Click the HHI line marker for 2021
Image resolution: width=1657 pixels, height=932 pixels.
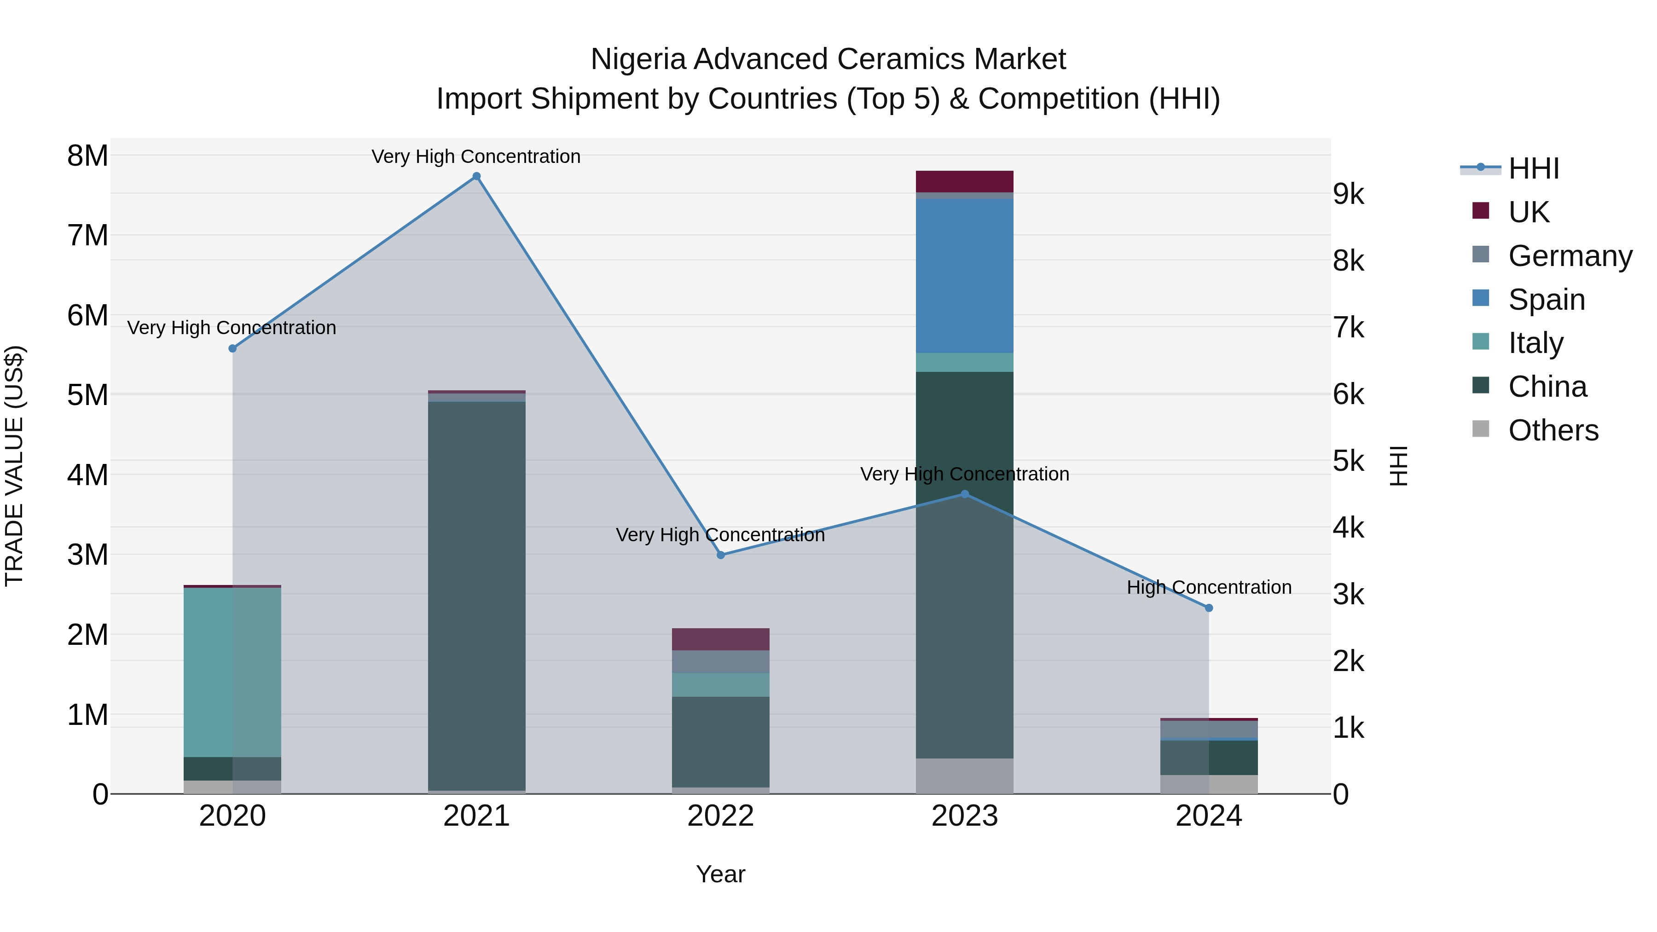pyautogui.click(x=477, y=176)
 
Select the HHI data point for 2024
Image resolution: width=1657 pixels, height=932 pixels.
pyautogui.click(x=1209, y=608)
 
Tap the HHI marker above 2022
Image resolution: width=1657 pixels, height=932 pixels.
pyautogui.click(x=720, y=555)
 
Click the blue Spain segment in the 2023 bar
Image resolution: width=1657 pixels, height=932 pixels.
pyautogui.click(x=964, y=277)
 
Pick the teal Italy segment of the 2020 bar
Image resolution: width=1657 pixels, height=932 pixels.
pyautogui.click(x=232, y=672)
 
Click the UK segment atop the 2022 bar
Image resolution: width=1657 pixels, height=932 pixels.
pyautogui.click(x=720, y=639)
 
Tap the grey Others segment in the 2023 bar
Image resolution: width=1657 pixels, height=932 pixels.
pyautogui.click(x=964, y=776)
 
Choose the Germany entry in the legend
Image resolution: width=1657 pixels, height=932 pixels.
pyautogui.click(x=1570, y=256)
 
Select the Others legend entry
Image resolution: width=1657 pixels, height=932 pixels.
pyautogui.click(x=1553, y=430)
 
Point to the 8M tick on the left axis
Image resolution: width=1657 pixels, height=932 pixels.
pyautogui.click(x=87, y=156)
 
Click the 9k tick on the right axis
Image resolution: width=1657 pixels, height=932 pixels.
pyautogui.click(x=1348, y=194)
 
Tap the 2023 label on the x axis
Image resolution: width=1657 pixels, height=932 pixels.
pyautogui.click(x=964, y=816)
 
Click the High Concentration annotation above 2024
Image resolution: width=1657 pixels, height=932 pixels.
pyautogui.click(x=1209, y=587)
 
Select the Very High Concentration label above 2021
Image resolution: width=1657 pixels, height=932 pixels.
pyautogui.click(x=476, y=156)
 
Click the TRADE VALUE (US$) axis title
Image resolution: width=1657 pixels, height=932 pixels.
pyautogui.click(x=14, y=466)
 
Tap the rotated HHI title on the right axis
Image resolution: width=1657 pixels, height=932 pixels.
pyautogui.click(x=1398, y=466)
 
